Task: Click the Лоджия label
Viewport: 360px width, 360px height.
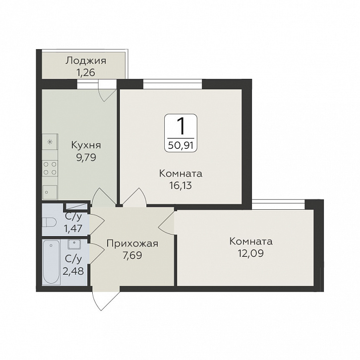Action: coord(86,61)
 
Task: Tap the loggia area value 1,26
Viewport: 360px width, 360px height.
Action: coord(86,73)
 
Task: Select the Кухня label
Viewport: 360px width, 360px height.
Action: coord(86,145)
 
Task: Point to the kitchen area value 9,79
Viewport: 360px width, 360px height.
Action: coord(86,158)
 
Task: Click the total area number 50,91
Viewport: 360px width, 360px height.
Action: coord(180,146)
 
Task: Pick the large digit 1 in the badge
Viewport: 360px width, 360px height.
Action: coord(181,126)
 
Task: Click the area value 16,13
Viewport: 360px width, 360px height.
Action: coord(180,185)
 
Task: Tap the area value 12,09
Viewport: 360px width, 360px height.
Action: coord(251,253)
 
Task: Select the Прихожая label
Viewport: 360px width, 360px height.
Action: coord(132,243)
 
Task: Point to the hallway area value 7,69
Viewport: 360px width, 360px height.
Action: coord(132,255)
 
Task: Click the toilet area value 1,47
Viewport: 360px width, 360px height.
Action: coord(73,229)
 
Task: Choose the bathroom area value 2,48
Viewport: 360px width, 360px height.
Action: coord(73,271)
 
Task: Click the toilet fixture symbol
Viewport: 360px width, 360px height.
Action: coord(50,222)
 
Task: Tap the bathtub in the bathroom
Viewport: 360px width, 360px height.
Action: coord(52,262)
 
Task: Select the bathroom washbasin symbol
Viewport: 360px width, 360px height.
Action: coord(74,244)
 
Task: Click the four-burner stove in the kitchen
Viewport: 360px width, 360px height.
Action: coord(50,168)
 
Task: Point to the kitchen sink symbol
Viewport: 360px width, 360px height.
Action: coord(50,192)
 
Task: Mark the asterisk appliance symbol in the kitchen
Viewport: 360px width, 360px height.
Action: coord(50,142)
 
